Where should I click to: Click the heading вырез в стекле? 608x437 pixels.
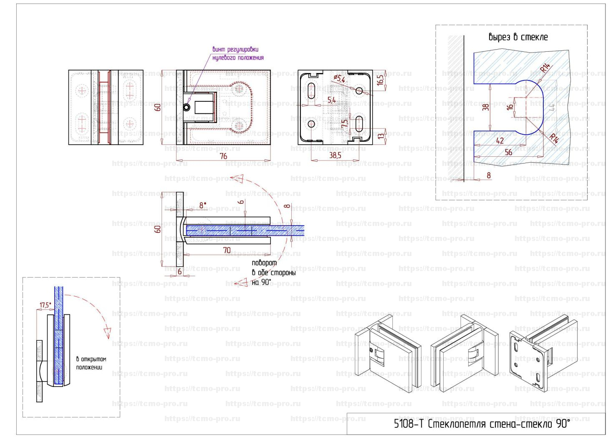click(x=518, y=37)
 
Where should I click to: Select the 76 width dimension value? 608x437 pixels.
click(x=223, y=156)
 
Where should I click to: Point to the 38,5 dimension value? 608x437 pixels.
click(x=335, y=155)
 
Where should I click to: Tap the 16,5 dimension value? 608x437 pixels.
click(x=380, y=80)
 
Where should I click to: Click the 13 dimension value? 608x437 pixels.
click(x=380, y=136)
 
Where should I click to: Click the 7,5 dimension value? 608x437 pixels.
click(x=345, y=124)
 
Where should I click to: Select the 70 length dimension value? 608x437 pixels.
click(x=227, y=250)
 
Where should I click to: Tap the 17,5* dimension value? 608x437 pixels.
click(x=45, y=305)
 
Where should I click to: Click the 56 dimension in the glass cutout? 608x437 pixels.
click(x=508, y=152)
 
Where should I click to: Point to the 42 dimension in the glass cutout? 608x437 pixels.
click(x=500, y=141)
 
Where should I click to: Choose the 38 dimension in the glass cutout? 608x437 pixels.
click(x=486, y=107)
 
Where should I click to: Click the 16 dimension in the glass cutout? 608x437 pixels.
click(x=510, y=107)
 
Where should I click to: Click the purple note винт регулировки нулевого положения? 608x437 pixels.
click(x=238, y=54)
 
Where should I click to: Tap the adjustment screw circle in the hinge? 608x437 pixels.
click(x=187, y=108)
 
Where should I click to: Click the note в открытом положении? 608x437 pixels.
click(x=91, y=363)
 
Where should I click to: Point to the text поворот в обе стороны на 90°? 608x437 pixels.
click(x=273, y=273)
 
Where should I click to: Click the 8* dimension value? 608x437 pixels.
click(x=203, y=205)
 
